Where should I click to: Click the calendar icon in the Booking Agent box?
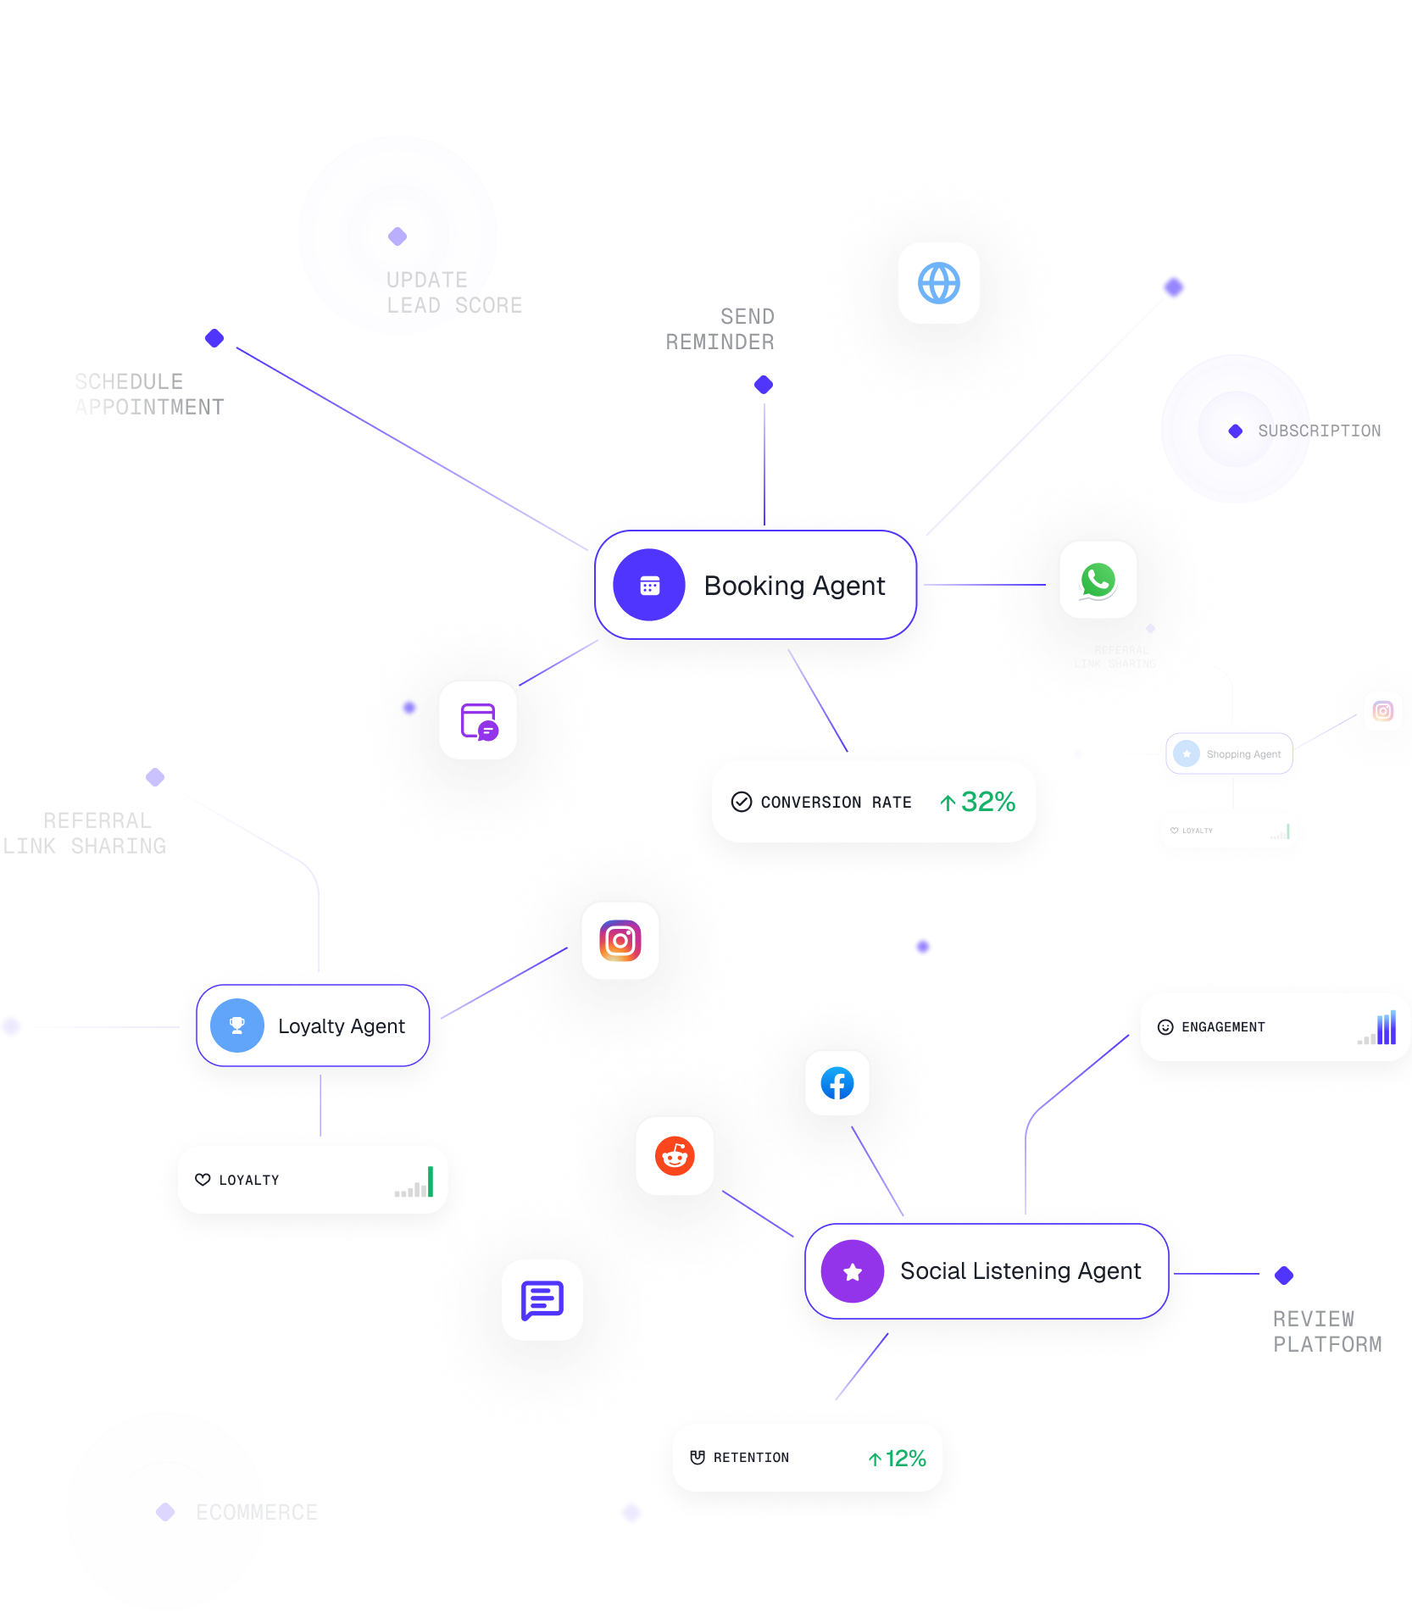point(649,586)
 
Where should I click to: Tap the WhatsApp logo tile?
point(1098,581)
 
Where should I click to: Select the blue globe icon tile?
point(939,283)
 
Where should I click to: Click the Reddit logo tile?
point(675,1156)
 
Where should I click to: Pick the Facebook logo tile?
point(837,1083)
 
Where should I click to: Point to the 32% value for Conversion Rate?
point(987,802)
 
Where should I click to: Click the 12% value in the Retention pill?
point(905,1459)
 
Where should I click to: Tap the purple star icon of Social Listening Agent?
point(853,1271)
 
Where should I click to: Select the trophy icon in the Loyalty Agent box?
point(237,1026)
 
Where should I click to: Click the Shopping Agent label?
point(1243,754)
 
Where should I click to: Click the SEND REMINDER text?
point(720,330)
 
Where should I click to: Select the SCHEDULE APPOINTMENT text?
point(149,395)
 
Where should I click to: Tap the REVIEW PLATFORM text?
point(1326,1331)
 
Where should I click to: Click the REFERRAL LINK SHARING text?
point(85,833)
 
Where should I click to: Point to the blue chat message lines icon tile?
point(542,1300)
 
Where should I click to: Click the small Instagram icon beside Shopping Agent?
point(1383,711)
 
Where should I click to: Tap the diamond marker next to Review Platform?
point(1284,1275)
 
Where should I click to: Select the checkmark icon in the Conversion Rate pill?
point(742,802)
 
